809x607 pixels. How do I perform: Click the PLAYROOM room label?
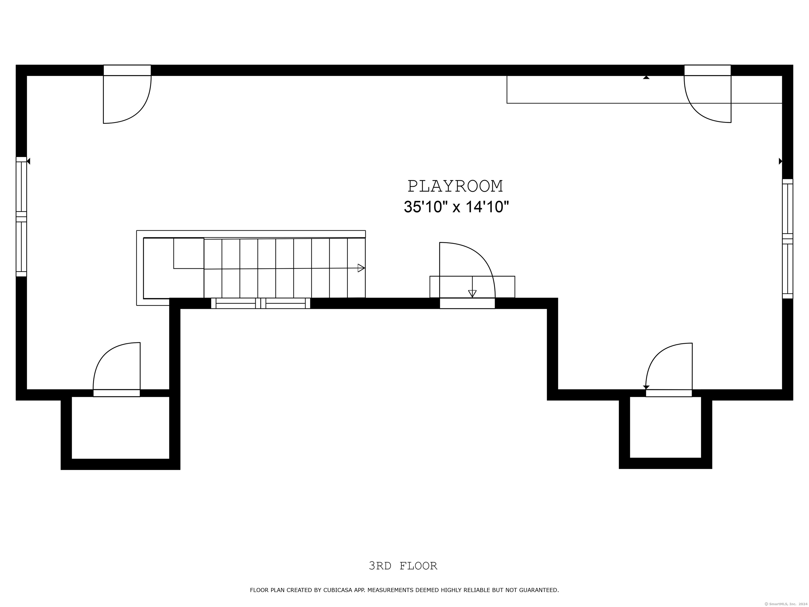[455, 186]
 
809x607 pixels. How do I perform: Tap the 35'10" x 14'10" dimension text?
[456, 207]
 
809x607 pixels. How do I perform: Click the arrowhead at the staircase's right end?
[361, 268]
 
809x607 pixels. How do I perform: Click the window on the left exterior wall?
[21, 217]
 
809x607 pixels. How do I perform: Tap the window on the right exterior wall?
[787, 238]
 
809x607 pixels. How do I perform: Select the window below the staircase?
[260, 303]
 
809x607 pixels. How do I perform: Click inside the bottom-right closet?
[665, 427]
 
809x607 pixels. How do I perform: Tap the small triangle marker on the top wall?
[646, 77]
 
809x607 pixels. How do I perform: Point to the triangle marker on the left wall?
[28, 161]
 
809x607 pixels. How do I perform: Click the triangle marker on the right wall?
[781, 161]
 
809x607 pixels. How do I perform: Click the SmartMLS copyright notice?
[786, 604]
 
